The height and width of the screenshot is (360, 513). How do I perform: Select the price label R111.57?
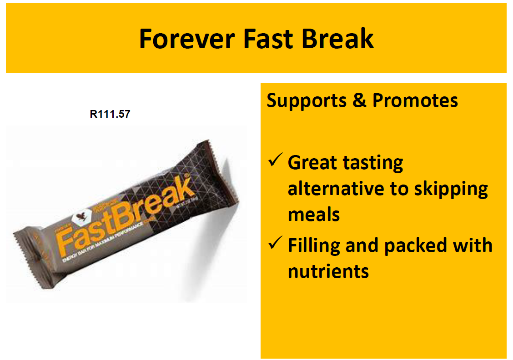coord(110,114)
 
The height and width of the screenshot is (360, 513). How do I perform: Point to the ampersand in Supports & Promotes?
coord(359,100)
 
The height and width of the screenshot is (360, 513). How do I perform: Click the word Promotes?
coord(415,100)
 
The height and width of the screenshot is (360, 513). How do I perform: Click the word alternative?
coord(334,188)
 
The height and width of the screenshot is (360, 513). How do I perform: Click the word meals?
coord(314,214)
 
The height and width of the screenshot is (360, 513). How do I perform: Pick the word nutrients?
coord(328,271)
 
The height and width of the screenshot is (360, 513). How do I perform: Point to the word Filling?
coord(313,246)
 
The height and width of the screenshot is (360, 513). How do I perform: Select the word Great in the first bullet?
coord(312,162)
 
